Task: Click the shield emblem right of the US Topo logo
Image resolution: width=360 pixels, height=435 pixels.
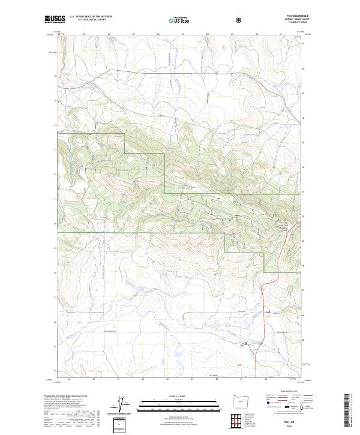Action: pyautogui.click(x=205, y=20)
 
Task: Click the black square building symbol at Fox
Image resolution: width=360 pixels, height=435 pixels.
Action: pyautogui.click(x=245, y=343)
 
